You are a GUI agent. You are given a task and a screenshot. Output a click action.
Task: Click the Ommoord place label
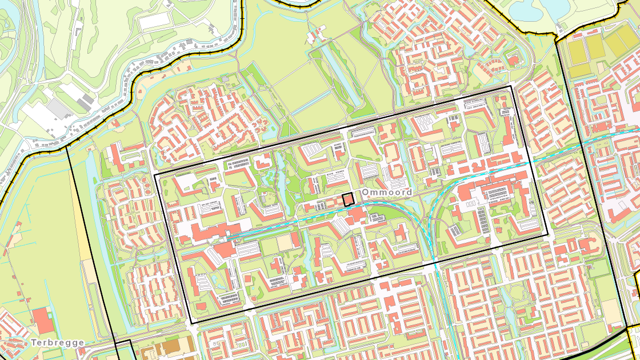coord(387,193)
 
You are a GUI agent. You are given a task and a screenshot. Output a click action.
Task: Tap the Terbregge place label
coord(58,343)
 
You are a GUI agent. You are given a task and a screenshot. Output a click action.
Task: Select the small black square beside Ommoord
coord(347,199)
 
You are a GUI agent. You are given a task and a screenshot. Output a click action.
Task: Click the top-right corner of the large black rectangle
coord(511,86)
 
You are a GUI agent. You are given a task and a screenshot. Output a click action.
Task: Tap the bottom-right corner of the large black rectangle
coord(547,235)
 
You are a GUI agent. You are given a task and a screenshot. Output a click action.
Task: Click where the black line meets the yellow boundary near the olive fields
coord(557,35)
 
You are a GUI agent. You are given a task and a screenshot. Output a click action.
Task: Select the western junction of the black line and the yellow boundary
coord(67,145)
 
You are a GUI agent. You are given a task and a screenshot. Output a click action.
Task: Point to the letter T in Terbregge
coord(34,343)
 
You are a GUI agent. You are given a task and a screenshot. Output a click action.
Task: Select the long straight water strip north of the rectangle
coord(336,69)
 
